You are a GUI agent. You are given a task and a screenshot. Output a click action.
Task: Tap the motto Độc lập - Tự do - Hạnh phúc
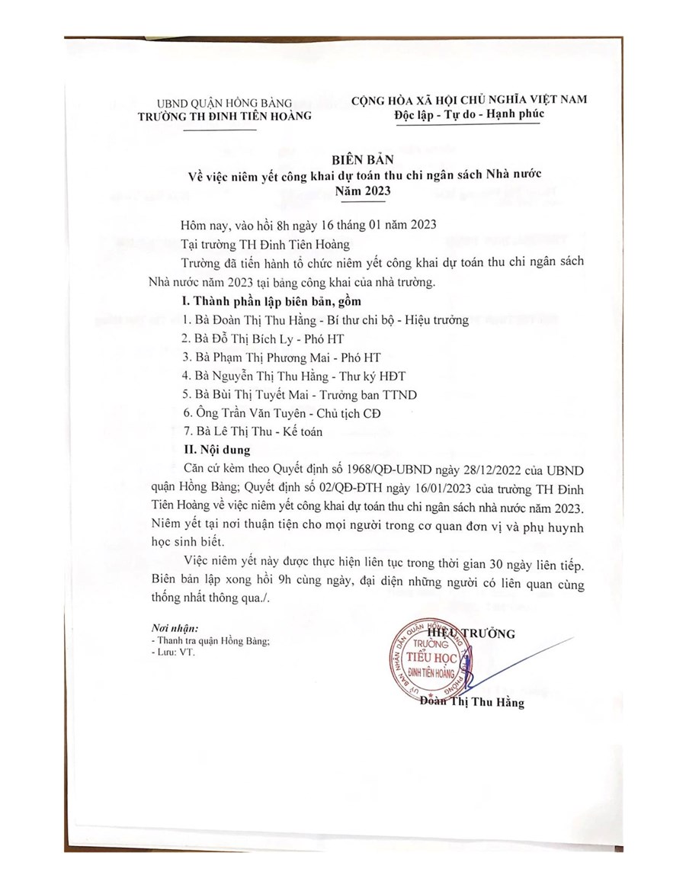470,115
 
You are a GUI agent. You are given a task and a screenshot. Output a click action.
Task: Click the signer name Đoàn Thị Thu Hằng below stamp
473,703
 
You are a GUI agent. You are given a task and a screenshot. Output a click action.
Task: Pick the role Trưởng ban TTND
370,394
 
